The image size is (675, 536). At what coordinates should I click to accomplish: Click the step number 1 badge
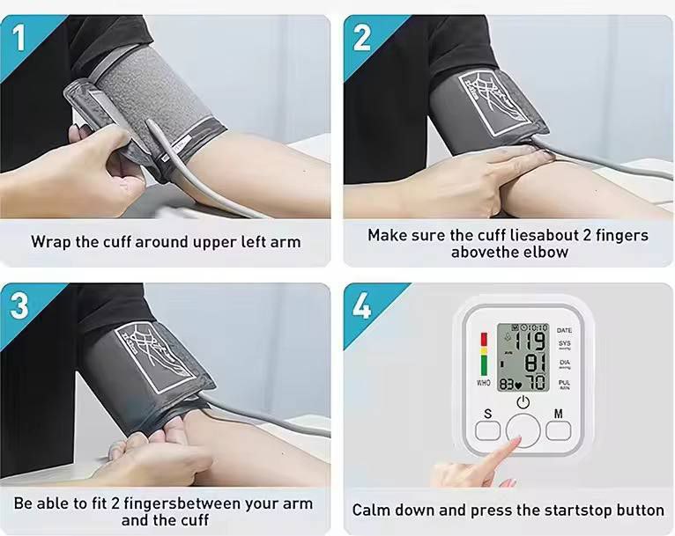19,37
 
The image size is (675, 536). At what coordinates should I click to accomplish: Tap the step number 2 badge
361,37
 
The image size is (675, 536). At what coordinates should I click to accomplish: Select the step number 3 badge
19,305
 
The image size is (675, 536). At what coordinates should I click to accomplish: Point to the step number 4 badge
361,305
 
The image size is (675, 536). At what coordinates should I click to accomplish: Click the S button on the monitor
487,430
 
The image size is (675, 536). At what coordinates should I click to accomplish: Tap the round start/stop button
523,430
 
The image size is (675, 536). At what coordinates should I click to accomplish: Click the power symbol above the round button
523,402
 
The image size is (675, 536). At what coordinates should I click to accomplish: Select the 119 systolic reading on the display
530,341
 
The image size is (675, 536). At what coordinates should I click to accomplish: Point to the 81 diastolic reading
536,363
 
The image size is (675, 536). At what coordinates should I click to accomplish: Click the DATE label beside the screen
564,330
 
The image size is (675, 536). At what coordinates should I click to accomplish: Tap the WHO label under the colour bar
484,382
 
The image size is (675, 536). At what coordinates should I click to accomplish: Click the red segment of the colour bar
484,339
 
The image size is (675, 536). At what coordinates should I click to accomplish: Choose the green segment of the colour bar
484,365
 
